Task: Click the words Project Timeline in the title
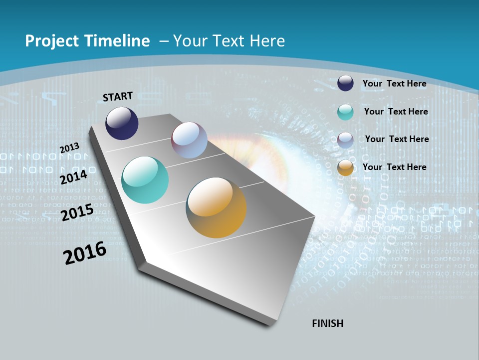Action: [87, 41]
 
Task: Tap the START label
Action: [118, 96]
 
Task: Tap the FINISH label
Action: [328, 323]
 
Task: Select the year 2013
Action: [70, 147]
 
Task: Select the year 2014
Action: [74, 177]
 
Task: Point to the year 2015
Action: [77, 213]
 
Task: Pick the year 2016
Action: [85, 253]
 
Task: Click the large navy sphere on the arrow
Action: [122, 123]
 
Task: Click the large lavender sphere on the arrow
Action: [189, 140]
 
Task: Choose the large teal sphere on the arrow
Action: [145, 180]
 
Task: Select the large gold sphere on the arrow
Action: [216, 207]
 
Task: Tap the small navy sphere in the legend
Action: [345, 83]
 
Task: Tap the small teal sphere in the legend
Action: [345, 112]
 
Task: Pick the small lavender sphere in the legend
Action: [345, 140]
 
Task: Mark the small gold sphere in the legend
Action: [345, 167]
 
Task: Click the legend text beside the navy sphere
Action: [394, 83]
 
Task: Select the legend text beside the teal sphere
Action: [396, 111]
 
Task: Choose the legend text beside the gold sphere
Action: [394, 167]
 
